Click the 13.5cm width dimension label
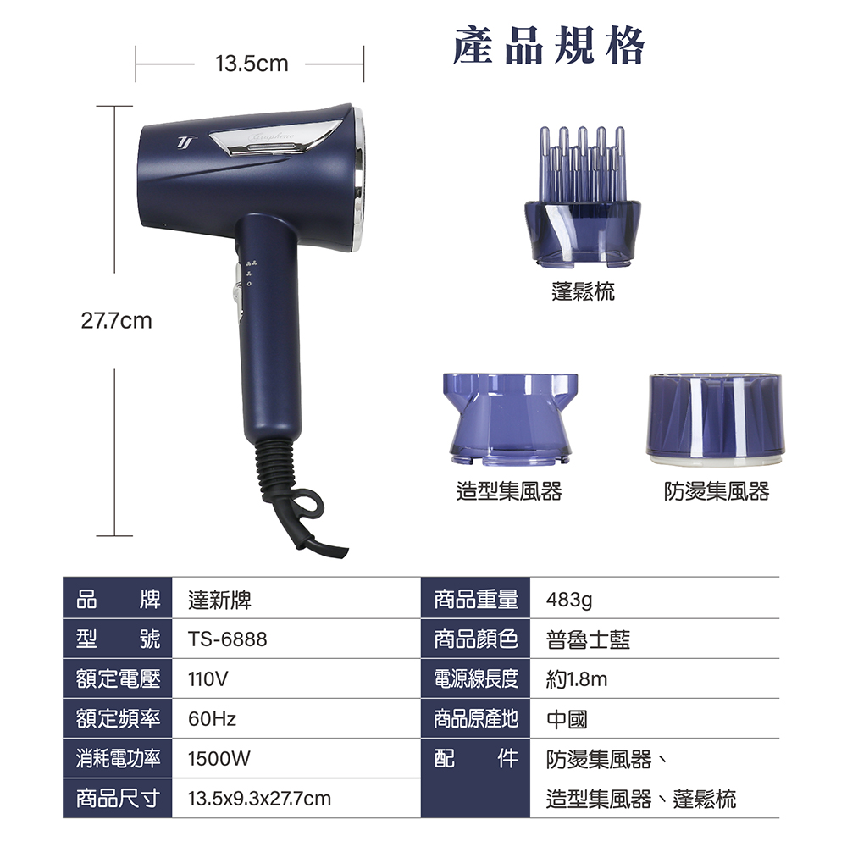click(252, 64)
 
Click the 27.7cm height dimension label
click(116, 321)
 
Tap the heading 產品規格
click(548, 46)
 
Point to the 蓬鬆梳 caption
click(583, 291)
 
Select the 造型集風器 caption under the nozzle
click(509, 491)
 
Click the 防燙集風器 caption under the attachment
click(717, 491)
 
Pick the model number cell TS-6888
click(227, 639)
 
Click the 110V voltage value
click(208, 679)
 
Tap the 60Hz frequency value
click(212, 719)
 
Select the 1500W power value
click(219, 759)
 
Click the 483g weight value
click(569, 601)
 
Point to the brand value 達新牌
click(219, 601)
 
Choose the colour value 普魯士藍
click(589, 639)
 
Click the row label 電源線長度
click(476, 679)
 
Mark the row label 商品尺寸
click(118, 799)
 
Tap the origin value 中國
click(567, 719)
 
